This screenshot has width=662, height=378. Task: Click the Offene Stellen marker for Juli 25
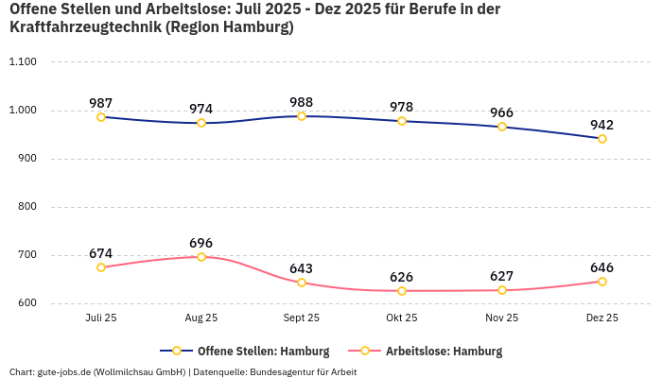101,117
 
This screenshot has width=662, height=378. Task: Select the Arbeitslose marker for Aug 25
201,257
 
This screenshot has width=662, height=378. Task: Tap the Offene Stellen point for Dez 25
602,139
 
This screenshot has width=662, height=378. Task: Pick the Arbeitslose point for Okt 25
402,291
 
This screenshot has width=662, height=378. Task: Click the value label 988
302,102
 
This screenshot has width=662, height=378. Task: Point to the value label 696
201,243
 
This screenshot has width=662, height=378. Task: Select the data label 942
602,125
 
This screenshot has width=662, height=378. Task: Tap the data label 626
402,277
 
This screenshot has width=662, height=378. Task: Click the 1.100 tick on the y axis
22,62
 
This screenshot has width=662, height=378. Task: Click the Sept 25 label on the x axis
302,318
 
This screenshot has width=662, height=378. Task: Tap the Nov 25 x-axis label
502,318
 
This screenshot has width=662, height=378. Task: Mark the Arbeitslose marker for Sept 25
302,283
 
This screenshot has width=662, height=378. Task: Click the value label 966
502,113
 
